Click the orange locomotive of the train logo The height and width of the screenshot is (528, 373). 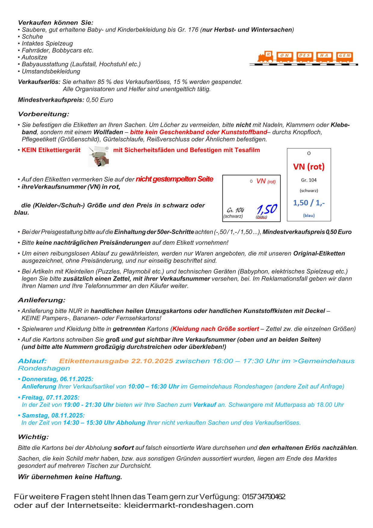pyautogui.click(x=264, y=57)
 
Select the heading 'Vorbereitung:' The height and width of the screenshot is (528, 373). pyautogui.click(x=44, y=114)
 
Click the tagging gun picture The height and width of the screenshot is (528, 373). pyautogui.click(x=98, y=157)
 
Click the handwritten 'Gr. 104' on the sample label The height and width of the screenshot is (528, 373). pyautogui.click(x=235, y=210)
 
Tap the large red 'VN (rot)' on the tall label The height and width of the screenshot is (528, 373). pyautogui.click(x=309, y=167)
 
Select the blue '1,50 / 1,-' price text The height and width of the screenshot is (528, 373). pyautogui.click(x=309, y=203)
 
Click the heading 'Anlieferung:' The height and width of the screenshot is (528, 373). pyautogui.click(x=42, y=300)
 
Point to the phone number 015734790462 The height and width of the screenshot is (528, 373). pyautogui.click(x=264, y=497)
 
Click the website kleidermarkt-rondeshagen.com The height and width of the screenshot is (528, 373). pyautogui.click(x=189, y=505)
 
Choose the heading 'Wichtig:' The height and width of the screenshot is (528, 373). pyautogui.click(x=33, y=437)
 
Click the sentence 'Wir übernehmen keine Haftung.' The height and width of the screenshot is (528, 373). pyautogui.click(x=70, y=477)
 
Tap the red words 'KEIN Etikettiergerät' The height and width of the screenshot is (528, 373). pyautogui.click(x=51, y=150)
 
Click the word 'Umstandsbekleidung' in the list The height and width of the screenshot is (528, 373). pyautogui.click(x=51, y=71)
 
